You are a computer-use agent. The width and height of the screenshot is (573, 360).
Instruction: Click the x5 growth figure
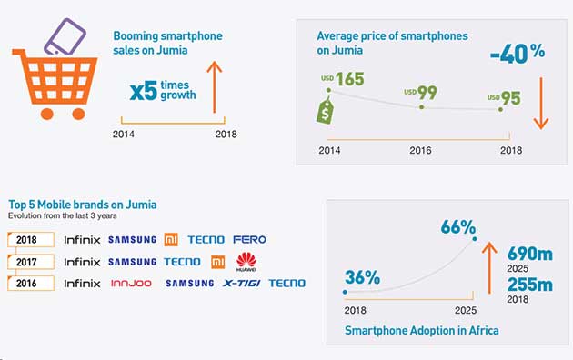point(145,90)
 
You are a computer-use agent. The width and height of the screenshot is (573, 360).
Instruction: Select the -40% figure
point(518,52)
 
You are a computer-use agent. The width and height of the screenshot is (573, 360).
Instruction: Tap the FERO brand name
point(249,240)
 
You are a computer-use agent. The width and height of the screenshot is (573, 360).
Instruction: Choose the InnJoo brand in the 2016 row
point(130,284)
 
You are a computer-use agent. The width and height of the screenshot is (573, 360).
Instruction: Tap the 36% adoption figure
point(361,277)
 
